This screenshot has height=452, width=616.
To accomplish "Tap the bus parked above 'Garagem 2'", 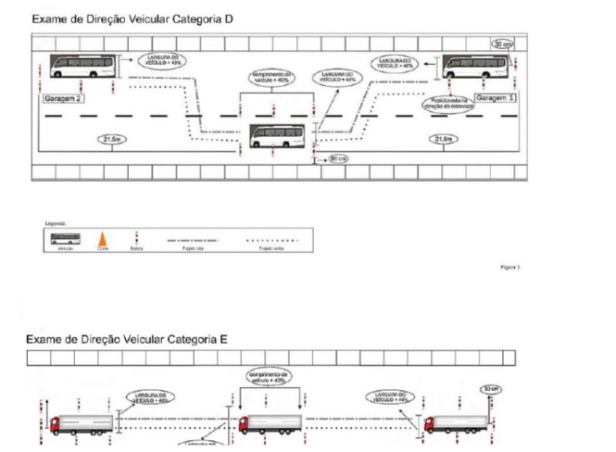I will click(x=83, y=66).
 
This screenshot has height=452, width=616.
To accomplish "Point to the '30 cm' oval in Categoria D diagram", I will click(x=502, y=44).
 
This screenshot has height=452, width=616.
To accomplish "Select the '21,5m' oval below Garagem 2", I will click(x=113, y=139).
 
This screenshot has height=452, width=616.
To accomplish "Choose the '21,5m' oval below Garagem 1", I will click(x=443, y=139).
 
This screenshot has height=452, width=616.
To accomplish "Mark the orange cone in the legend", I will click(x=101, y=241).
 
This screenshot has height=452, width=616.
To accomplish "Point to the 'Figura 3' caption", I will click(x=510, y=265).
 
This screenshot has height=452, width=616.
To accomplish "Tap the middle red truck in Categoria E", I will click(x=269, y=424).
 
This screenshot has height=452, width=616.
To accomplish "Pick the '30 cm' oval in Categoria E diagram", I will click(x=490, y=389).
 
